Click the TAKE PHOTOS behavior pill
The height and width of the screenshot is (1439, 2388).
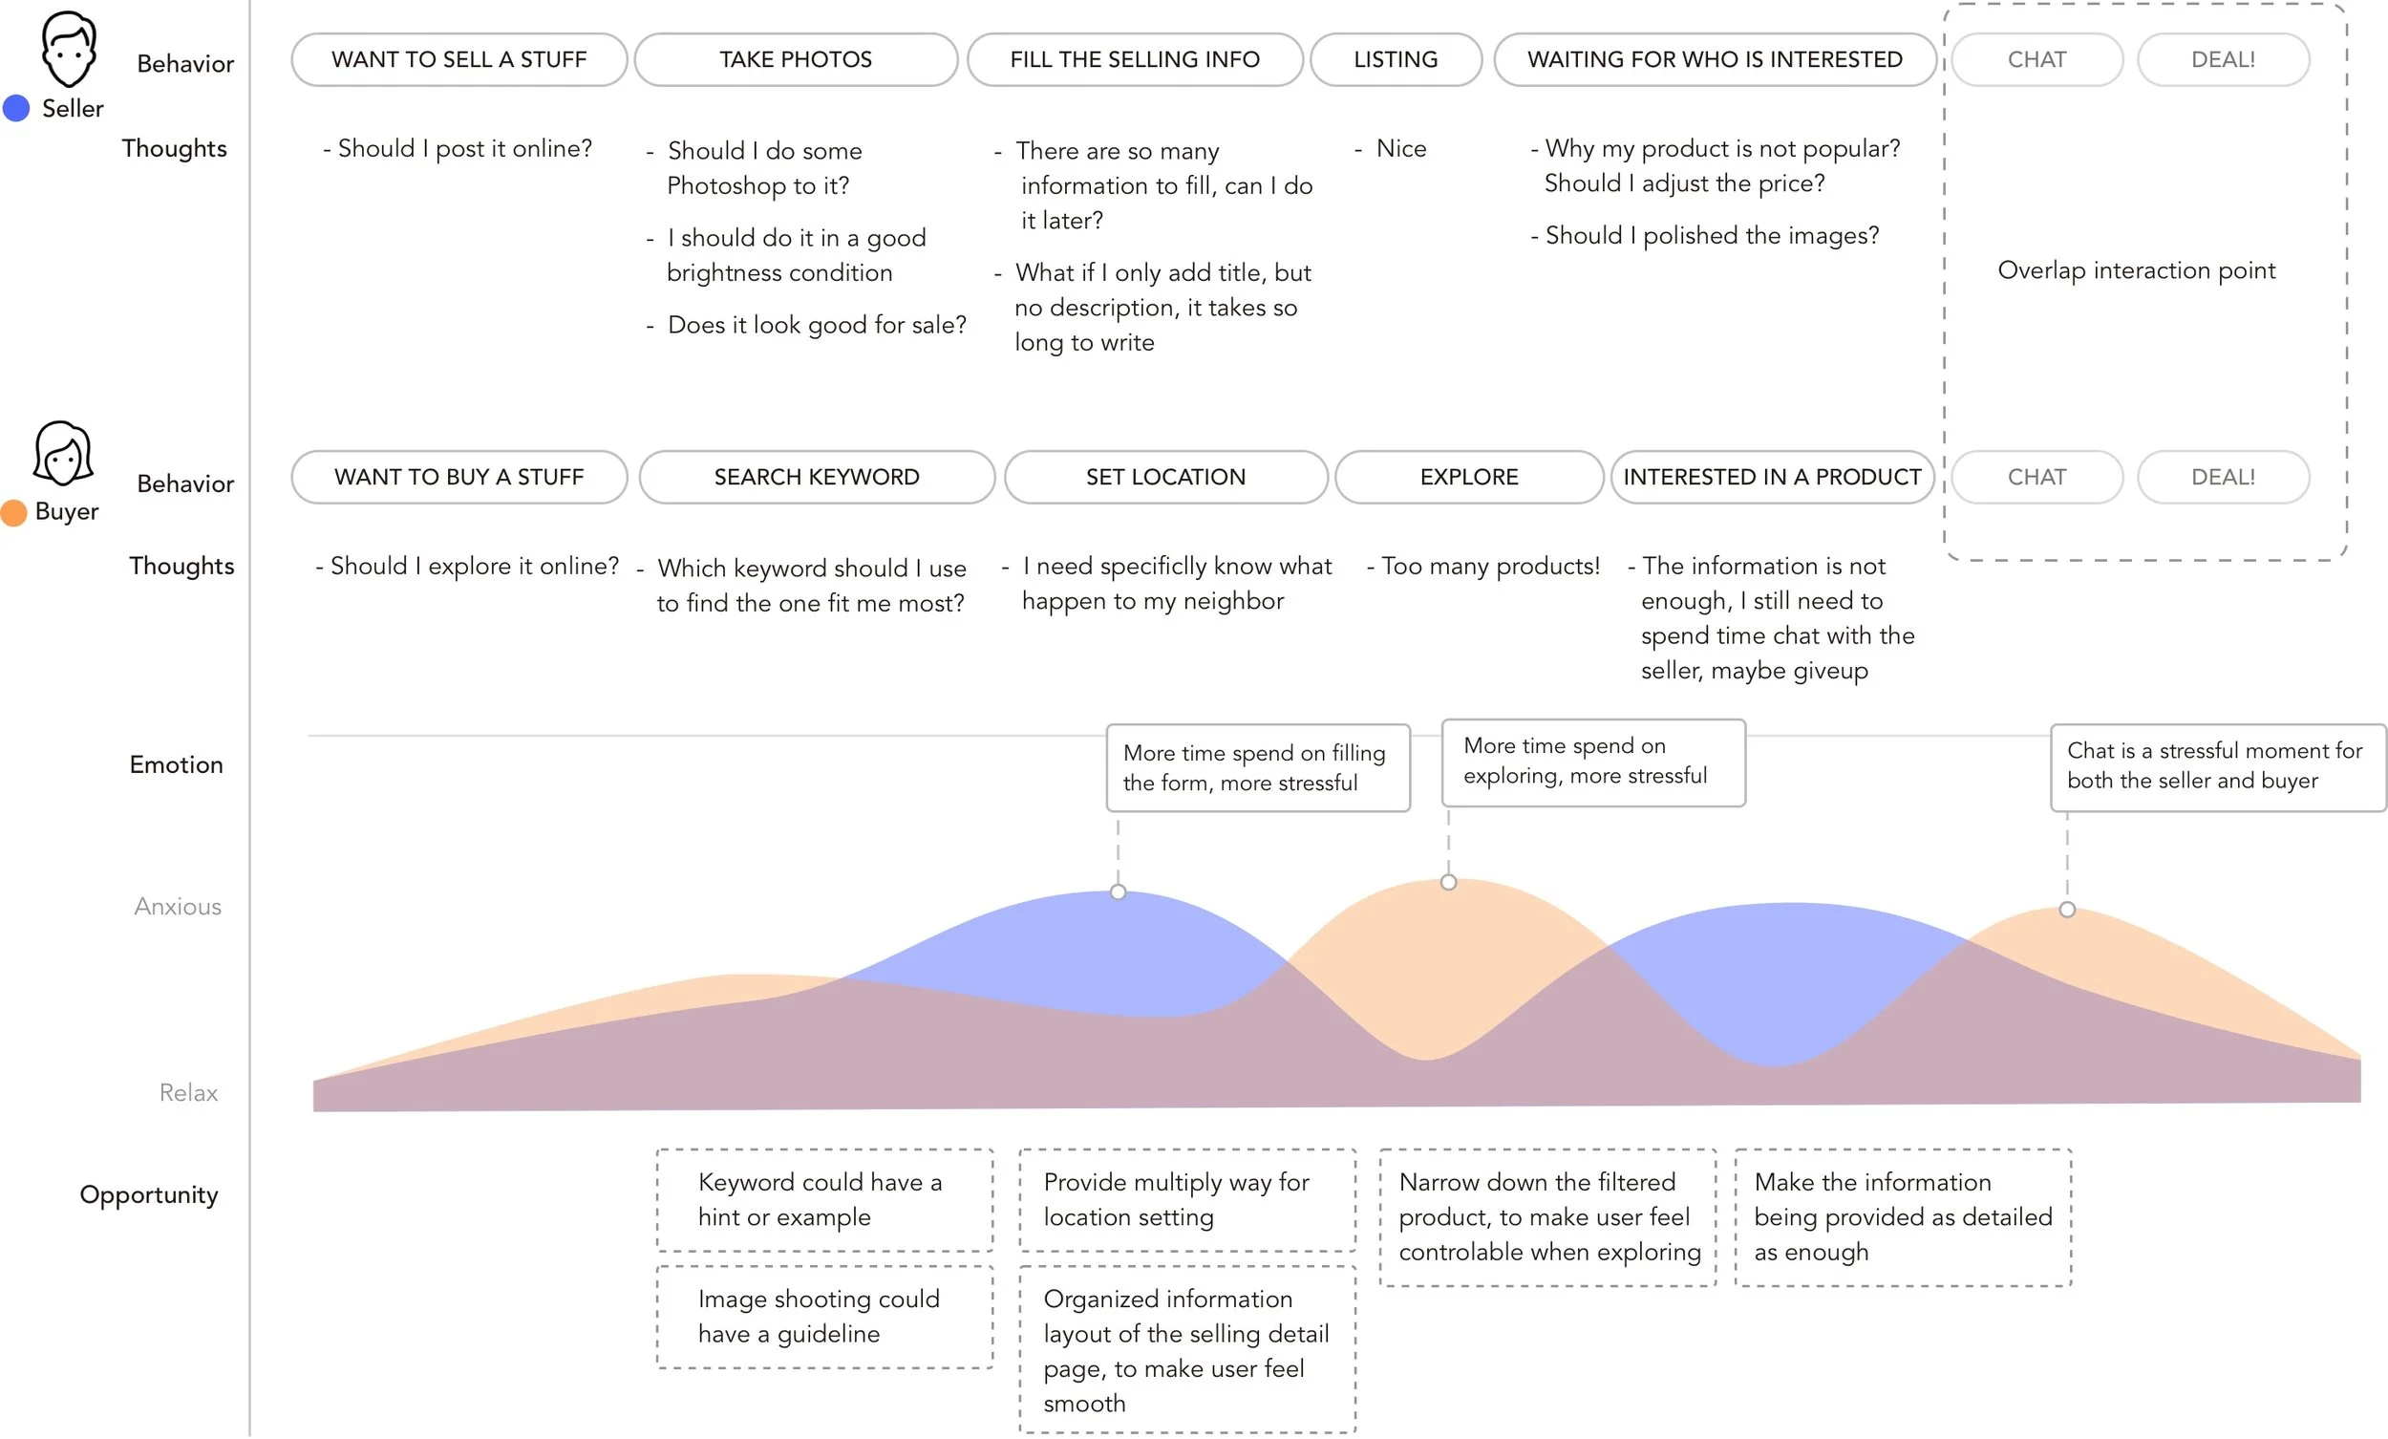(796, 59)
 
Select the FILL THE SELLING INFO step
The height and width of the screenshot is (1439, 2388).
(1135, 59)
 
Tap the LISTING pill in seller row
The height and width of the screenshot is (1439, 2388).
(1396, 59)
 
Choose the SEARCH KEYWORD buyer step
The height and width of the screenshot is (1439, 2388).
(817, 477)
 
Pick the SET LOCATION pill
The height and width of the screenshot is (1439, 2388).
(1166, 477)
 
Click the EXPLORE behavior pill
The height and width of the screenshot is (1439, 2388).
(1469, 477)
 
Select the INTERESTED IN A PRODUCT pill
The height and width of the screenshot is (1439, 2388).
(1773, 477)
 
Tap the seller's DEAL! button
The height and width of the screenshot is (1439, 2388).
(2224, 59)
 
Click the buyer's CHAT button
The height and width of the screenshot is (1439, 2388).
(2037, 477)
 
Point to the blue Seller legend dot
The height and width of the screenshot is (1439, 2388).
(16, 108)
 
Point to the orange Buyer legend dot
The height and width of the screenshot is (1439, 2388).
(13, 512)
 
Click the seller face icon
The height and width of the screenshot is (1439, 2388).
(69, 49)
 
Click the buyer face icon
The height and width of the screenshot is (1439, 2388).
(63, 453)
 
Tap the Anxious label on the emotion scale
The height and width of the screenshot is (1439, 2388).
(178, 907)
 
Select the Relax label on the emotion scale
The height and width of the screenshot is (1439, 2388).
(188, 1093)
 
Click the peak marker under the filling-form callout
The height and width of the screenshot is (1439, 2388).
(1119, 892)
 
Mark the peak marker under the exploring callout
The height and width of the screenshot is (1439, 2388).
(1449, 882)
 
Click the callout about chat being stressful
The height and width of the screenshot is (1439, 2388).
(2218, 767)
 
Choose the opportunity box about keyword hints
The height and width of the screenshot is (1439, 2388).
(824, 1199)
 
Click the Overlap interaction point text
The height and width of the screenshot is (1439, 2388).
(2136, 270)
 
